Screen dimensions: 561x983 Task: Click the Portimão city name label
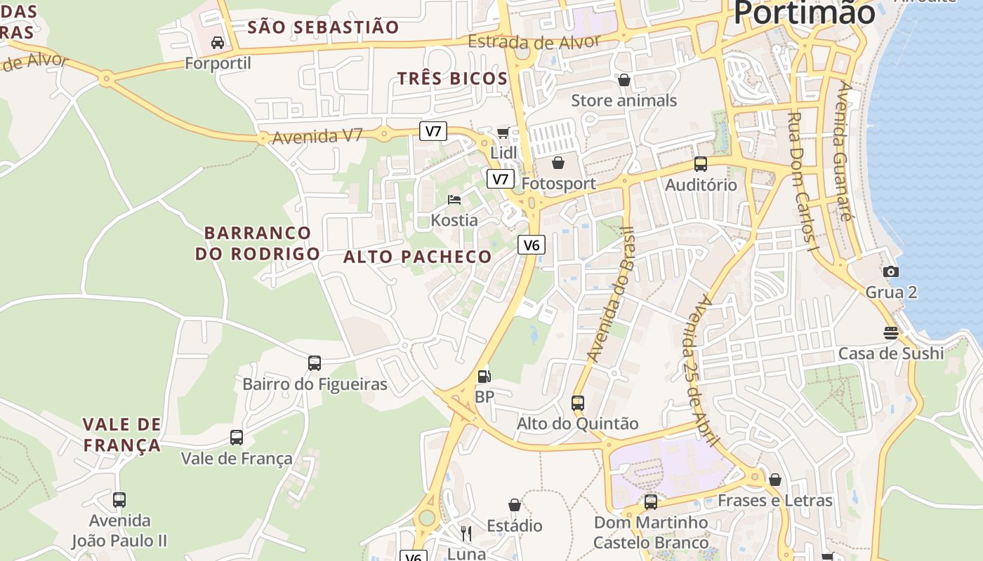click(x=804, y=13)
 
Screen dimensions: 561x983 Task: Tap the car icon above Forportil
click(x=218, y=43)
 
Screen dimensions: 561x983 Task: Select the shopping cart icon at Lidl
click(x=503, y=133)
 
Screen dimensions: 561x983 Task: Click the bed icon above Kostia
click(x=454, y=200)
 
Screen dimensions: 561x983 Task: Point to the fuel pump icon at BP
click(x=484, y=377)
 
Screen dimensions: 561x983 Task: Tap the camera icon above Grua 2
click(x=891, y=271)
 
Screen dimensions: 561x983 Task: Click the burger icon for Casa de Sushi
click(x=891, y=332)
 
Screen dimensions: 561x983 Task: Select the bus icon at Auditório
click(x=701, y=164)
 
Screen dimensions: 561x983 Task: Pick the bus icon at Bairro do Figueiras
click(x=315, y=363)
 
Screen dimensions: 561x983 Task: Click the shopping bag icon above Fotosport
click(x=558, y=163)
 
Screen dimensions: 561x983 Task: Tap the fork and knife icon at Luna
click(x=466, y=534)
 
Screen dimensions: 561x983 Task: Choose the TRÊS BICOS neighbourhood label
click(x=452, y=79)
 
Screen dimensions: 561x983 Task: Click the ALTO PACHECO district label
click(x=418, y=257)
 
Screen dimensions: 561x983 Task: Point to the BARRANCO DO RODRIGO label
click(x=257, y=243)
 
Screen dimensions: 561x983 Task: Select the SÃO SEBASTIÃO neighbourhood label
click(x=323, y=27)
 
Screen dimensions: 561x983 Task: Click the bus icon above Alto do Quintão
click(x=578, y=403)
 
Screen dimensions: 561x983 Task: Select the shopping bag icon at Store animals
click(x=624, y=80)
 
